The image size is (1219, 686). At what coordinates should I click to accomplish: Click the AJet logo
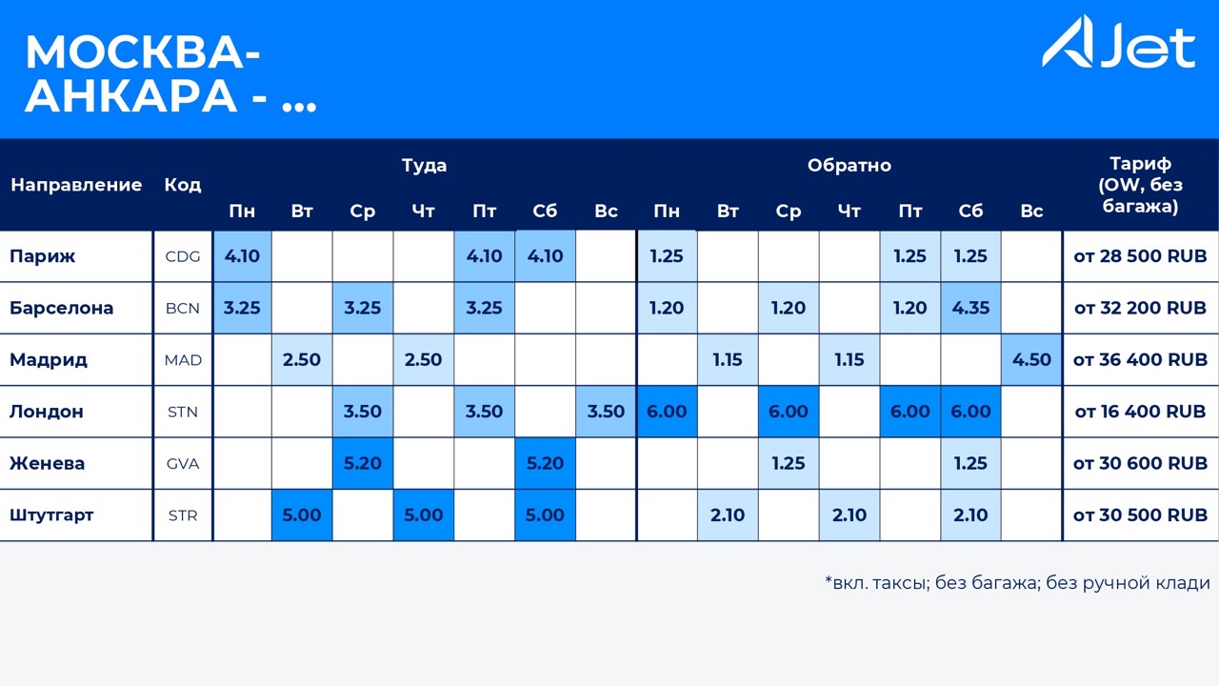click(1118, 44)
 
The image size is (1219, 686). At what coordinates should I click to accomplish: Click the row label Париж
click(42, 256)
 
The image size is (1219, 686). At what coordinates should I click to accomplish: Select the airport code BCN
click(183, 308)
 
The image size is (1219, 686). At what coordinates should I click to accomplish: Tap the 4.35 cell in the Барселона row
click(970, 308)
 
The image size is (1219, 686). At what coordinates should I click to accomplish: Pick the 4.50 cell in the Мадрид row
click(1031, 360)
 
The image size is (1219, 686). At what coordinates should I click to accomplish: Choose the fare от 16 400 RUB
click(1140, 412)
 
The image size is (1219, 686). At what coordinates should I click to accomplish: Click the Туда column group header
click(424, 165)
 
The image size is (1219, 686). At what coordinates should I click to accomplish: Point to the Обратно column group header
click(849, 165)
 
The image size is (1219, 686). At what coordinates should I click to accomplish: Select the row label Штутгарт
click(51, 514)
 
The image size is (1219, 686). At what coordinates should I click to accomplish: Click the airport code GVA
click(183, 463)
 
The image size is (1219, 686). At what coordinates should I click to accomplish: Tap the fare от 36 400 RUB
click(1140, 360)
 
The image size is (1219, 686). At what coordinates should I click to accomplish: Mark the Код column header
click(182, 185)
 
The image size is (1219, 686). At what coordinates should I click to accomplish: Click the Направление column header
click(76, 185)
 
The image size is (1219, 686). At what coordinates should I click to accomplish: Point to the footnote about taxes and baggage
click(1017, 583)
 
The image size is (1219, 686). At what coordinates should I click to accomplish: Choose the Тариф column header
click(1140, 184)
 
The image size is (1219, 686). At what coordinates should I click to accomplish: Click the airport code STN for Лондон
click(183, 412)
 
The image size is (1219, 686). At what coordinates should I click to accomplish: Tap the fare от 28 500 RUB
click(1140, 256)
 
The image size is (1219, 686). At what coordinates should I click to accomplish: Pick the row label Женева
click(47, 463)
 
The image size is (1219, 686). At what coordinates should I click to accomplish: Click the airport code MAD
click(183, 360)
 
